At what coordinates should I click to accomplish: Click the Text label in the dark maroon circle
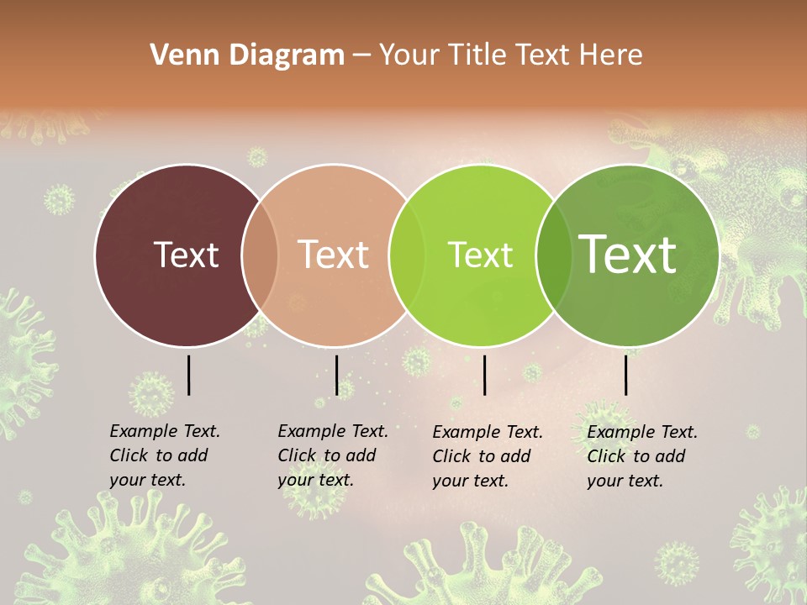pyautogui.click(x=186, y=255)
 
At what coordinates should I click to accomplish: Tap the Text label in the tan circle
pyautogui.click(x=334, y=255)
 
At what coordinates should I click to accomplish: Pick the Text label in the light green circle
pyautogui.click(x=480, y=255)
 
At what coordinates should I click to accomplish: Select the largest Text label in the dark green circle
pyautogui.click(x=628, y=255)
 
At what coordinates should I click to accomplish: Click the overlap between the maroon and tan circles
pyautogui.click(x=261, y=255)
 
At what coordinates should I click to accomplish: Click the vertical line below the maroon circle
pyautogui.click(x=188, y=375)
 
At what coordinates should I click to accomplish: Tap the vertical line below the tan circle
pyautogui.click(x=336, y=375)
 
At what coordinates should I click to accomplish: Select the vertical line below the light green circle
pyautogui.click(x=484, y=375)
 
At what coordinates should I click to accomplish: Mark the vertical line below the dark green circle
pyautogui.click(x=625, y=375)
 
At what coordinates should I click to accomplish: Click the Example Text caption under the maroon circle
pyautogui.click(x=164, y=455)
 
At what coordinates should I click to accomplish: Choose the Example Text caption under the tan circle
pyautogui.click(x=332, y=455)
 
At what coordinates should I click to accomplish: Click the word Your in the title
pyautogui.click(x=409, y=55)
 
